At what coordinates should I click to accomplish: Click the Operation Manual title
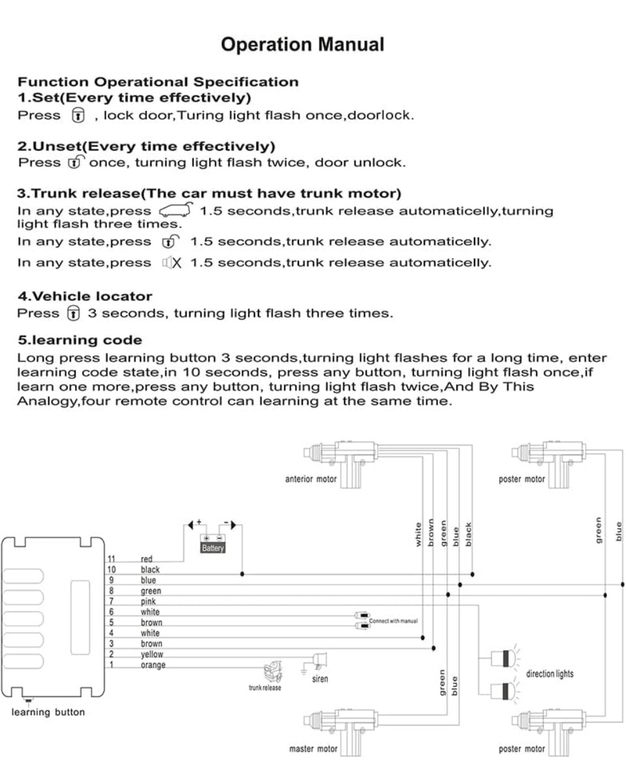302,45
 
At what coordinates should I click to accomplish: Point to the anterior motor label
311,479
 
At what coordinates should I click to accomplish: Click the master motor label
313,749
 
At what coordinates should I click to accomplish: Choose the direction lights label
550,674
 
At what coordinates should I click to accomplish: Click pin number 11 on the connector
112,559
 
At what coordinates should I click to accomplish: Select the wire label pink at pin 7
148,601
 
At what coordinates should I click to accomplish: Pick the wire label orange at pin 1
153,665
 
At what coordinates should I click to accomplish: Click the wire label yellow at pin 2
152,654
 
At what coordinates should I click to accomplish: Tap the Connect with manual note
393,621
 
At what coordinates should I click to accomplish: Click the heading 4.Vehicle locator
84,297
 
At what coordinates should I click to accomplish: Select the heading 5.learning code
79,340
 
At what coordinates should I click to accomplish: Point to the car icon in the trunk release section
176,210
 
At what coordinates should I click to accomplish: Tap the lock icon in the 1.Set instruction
77,116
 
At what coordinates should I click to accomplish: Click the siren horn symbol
320,660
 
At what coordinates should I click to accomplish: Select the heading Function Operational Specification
158,82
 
